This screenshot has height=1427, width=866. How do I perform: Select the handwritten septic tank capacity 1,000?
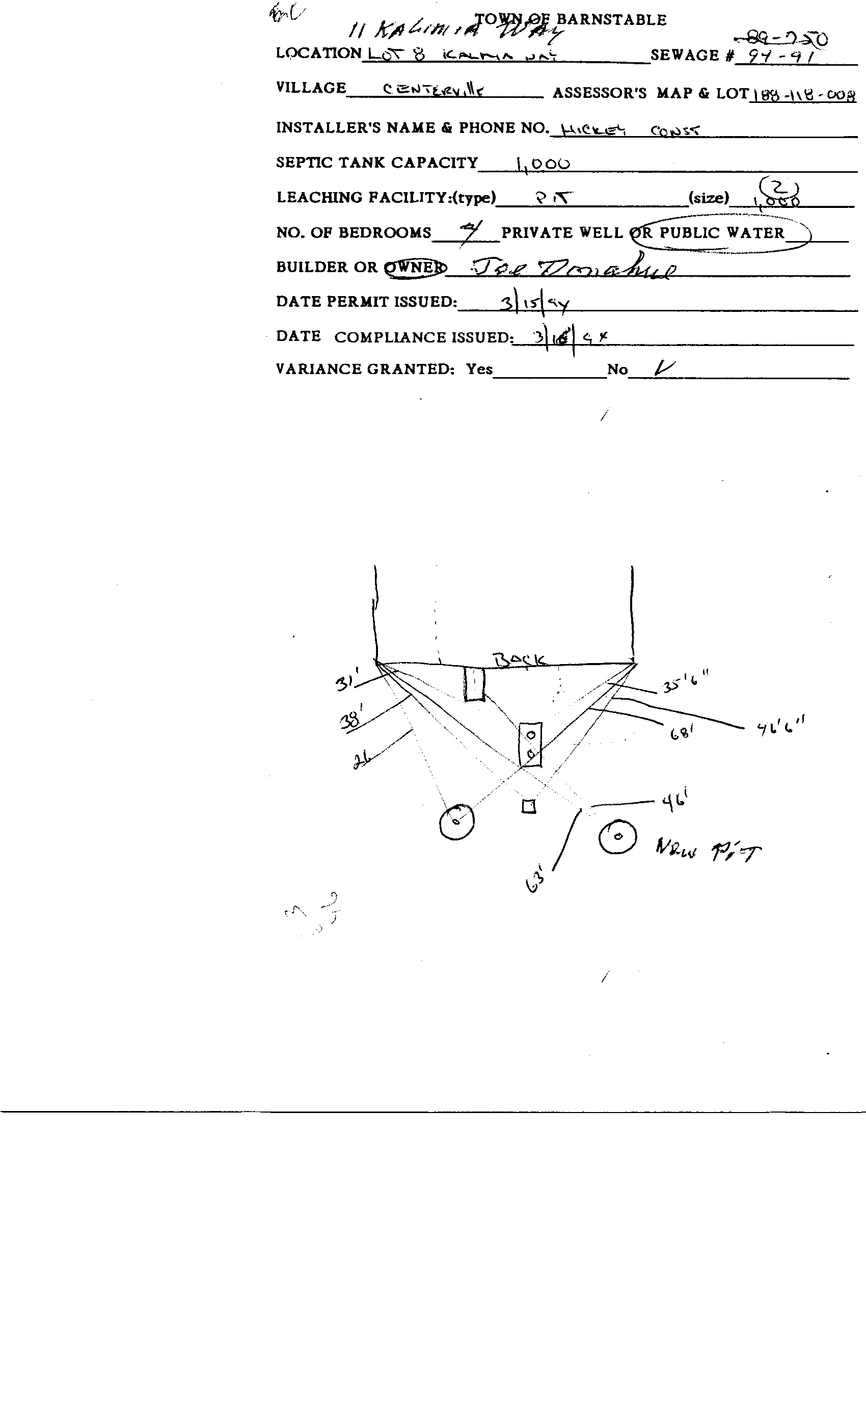(x=543, y=165)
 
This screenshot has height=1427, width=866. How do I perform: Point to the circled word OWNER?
(x=415, y=268)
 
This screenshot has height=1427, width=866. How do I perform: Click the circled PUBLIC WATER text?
(x=722, y=233)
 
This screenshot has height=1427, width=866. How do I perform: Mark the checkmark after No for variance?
(x=663, y=368)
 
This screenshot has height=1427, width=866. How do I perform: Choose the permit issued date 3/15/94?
(x=535, y=303)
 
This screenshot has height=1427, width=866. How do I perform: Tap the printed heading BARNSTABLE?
(x=611, y=20)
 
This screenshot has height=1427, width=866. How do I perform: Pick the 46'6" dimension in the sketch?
(x=781, y=726)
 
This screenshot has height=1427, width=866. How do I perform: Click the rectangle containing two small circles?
(x=530, y=745)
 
